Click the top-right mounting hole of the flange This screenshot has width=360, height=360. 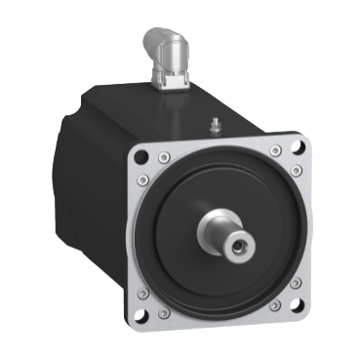tap(296, 148)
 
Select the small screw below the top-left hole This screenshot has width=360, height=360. tap(142, 180)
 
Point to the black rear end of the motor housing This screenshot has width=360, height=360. tap(83, 176)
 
